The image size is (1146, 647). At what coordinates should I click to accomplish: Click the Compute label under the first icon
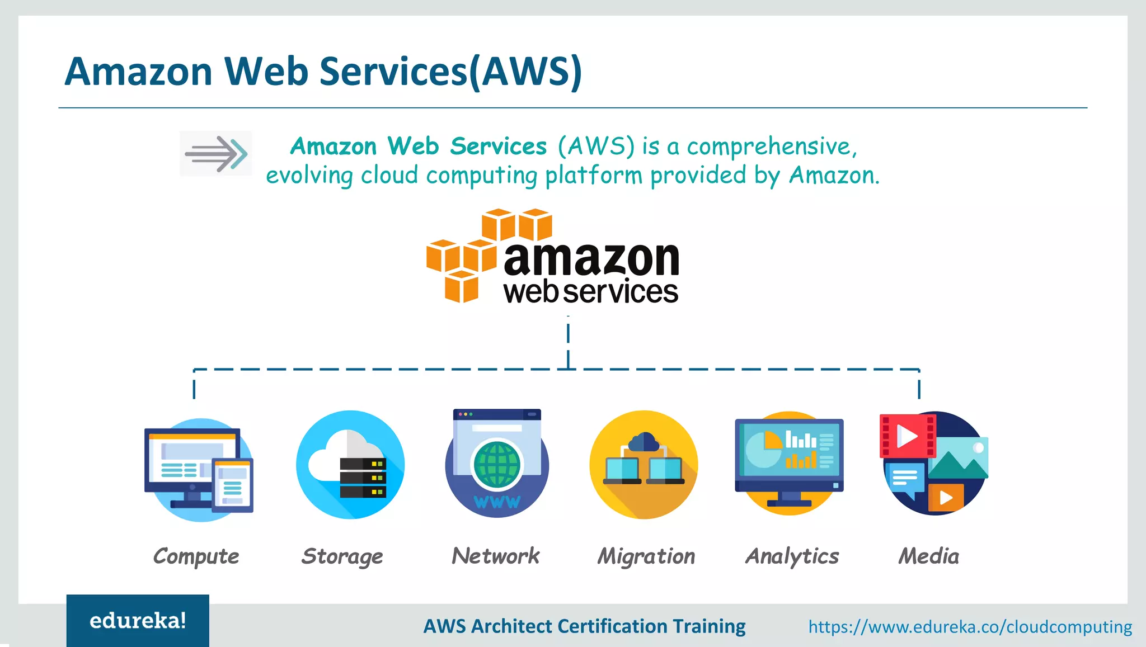196,556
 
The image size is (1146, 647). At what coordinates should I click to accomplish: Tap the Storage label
342,556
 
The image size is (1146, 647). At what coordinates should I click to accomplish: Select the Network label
496,556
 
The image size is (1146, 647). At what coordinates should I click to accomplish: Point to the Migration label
646,556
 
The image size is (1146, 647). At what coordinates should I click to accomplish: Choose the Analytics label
792,556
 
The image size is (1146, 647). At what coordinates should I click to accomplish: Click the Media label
929,556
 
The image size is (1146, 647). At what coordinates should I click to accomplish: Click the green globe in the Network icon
497,464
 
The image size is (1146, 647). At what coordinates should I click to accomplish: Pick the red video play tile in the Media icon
907,435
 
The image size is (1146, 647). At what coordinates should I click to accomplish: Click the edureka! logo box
138,621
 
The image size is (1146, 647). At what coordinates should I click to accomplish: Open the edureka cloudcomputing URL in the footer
970,627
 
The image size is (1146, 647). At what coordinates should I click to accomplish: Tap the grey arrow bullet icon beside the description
216,153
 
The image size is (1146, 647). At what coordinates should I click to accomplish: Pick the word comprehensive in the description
772,147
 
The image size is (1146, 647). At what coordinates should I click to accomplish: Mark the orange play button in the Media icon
946,497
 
